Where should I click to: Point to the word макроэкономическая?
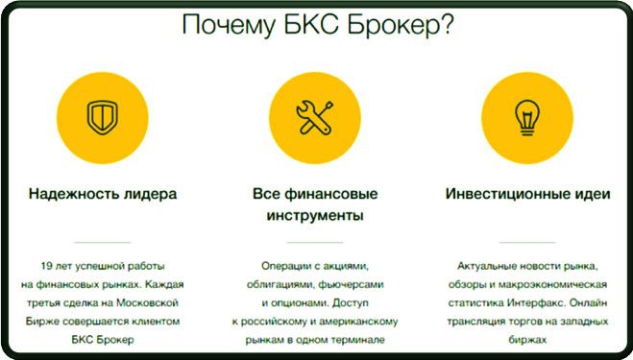(x=565, y=284)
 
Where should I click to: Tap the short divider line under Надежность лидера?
(x=102, y=242)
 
